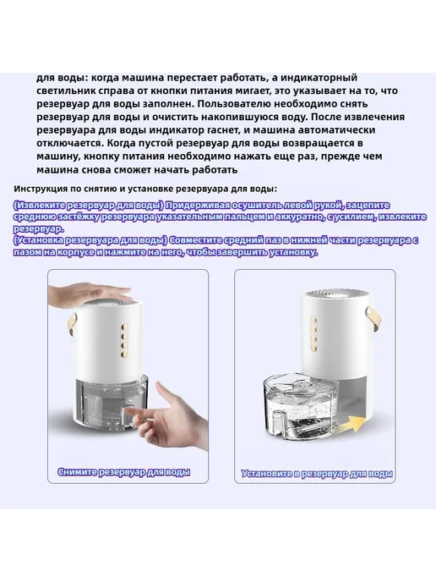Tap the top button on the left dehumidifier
click(124, 327)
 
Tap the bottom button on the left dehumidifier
click(124, 353)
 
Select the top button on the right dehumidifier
click(314, 320)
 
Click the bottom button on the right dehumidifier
click(314, 348)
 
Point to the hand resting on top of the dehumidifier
click(91, 294)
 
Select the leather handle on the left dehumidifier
click(72, 326)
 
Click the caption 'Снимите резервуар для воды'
click(124, 472)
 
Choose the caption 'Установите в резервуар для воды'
click(317, 474)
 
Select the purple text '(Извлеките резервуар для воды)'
click(88, 206)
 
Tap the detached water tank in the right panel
click(302, 413)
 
